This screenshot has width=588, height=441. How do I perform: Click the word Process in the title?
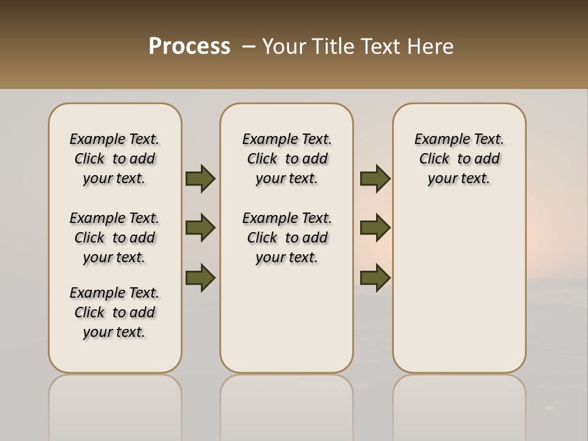[189, 46]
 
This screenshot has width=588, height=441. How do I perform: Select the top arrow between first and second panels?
[200, 179]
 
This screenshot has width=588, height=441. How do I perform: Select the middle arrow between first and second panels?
[200, 228]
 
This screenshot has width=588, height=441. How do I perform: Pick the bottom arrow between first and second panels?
[200, 277]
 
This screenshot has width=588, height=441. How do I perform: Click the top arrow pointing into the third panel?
[375, 179]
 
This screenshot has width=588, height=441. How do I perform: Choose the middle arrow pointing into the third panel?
[375, 228]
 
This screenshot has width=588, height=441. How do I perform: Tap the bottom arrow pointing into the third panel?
[375, 277]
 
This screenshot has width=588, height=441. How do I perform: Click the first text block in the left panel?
[115, 159]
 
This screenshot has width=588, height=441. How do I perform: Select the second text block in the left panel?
[115, 238]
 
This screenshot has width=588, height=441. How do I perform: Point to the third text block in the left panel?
[115, 312]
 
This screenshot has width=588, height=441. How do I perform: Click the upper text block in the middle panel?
[287, 159]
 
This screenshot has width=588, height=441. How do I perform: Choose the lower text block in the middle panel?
[287, 238]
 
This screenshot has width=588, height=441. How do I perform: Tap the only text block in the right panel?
[459, 159]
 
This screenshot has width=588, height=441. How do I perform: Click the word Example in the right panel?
[439, 140]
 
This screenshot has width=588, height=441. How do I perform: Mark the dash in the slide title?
[249, 47]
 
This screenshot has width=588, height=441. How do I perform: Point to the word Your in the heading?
[283, 47]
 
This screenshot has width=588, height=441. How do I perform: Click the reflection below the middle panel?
[287, 404]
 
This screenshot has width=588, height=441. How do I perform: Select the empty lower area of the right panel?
[459, 288]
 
